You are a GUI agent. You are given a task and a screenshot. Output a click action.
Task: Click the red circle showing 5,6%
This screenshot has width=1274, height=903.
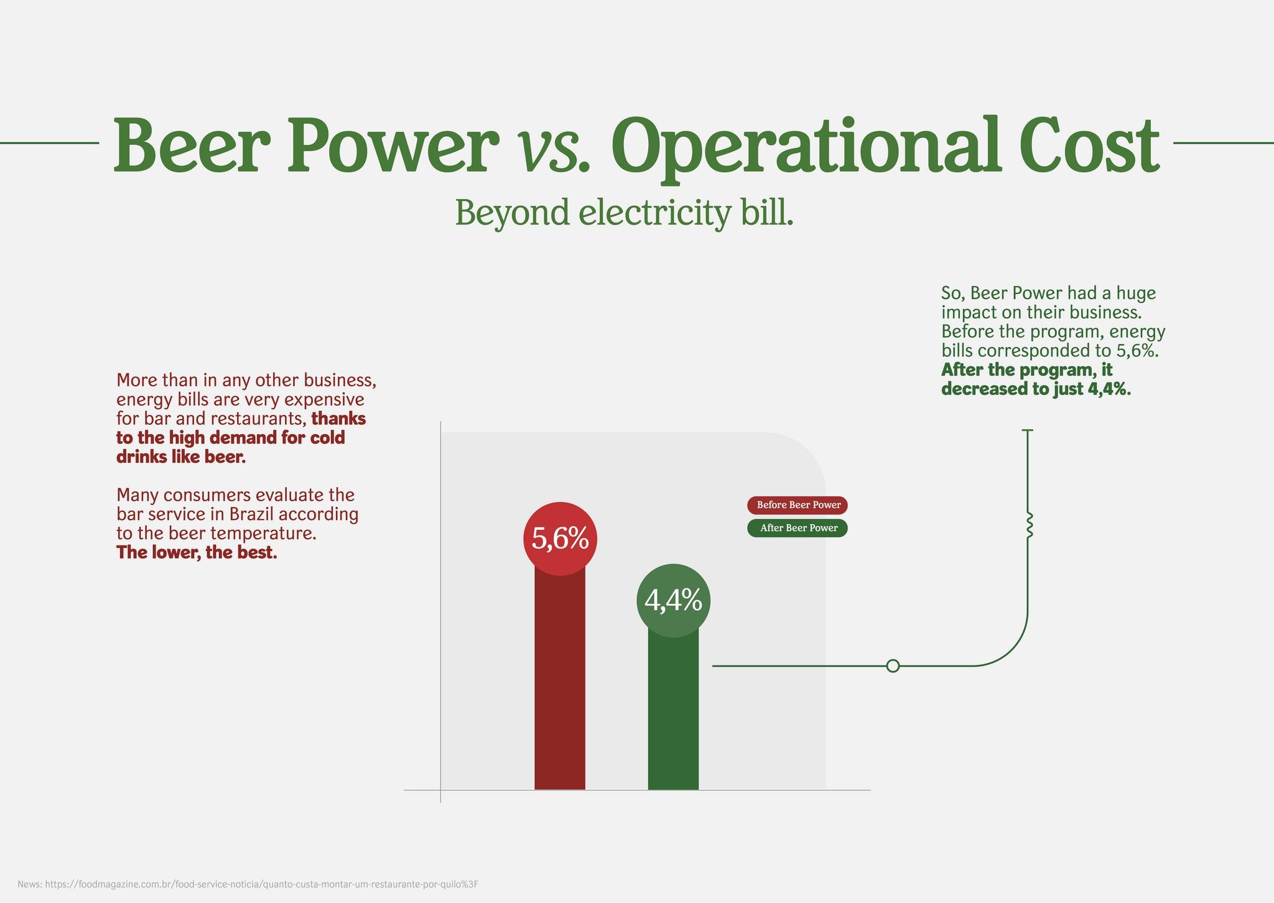pyautogui.click(x=560, y=539)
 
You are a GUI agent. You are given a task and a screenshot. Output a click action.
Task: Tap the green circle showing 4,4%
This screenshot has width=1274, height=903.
pyautogui.click(x=673, y=601)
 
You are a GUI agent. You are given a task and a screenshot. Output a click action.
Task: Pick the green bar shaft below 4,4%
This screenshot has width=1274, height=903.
pyautogui.click(x=673, y=715)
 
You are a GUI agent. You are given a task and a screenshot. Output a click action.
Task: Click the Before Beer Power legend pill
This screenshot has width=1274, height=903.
pyautogui.click(x=797, y=505)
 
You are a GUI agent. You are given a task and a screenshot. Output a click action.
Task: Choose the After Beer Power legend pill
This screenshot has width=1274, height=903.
pyautogui.click(x=797, y=528)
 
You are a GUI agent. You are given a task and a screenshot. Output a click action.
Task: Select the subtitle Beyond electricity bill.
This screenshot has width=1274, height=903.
pyautogui.click(x=624, y=213)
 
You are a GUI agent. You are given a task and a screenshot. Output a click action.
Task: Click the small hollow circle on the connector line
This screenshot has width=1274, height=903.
pyautogui.click(x=893, y=666)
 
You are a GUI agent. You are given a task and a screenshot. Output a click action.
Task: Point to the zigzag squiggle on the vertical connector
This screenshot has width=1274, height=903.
pyautogui.click(x=1028, y=525)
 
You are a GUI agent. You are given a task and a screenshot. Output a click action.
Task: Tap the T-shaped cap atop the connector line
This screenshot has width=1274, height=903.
pyautogui.click(x=1028, y=430)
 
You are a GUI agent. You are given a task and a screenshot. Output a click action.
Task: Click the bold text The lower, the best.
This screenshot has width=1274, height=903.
pyautogui.click(x=197, y=552)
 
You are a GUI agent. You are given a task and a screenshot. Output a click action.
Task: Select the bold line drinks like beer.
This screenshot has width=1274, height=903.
pyautogui.click(x=181, y=457)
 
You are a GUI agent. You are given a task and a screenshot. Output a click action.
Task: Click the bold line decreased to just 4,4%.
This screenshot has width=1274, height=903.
pyautogui.click(x=1036, y=389)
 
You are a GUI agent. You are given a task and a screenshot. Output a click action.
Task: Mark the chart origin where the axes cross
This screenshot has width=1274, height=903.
pyautogui.click(x=440, y=790)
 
